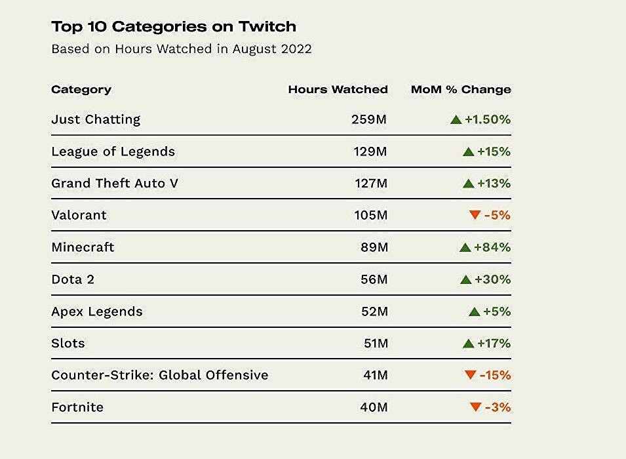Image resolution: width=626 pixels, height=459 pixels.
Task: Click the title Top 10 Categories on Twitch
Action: (173, 27)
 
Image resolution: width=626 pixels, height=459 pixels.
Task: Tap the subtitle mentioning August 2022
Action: (181, 49)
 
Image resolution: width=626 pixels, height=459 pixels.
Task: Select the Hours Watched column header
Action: (338, 90)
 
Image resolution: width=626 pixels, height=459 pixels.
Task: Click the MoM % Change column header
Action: (460, 90)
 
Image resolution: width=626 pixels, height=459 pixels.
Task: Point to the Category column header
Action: (81, 90)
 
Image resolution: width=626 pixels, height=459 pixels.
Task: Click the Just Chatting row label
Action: (96, 119)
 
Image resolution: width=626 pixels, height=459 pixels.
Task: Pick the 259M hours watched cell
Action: (369, 120)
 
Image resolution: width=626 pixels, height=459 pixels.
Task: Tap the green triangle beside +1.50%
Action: (456, 120)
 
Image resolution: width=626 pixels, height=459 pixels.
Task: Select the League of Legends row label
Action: (113, 151)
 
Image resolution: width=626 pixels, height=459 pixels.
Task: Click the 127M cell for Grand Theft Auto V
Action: (370, 184)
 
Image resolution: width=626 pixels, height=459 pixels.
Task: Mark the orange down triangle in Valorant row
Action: (475, 215)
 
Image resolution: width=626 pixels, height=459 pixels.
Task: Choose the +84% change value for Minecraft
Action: (492, 247)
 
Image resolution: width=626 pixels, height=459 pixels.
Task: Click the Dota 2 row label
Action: (73, 279)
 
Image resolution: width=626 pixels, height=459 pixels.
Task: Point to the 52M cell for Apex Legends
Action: (374, 311)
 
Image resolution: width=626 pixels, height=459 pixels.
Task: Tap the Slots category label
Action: (68, 344)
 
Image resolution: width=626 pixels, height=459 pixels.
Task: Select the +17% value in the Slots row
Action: (494, 344)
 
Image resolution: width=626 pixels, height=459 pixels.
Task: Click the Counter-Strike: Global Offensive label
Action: (159, 375)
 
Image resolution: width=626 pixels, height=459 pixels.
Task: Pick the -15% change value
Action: (495, 375)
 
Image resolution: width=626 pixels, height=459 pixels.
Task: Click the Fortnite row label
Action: (77, 407)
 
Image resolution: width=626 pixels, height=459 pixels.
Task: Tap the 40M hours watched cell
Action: (374, 407)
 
